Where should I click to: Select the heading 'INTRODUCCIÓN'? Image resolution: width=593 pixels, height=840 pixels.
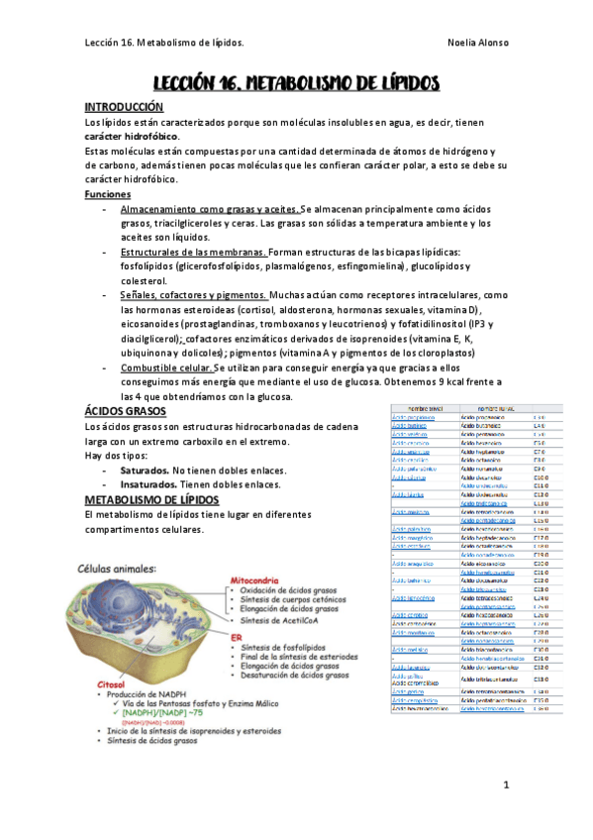click(123, 107)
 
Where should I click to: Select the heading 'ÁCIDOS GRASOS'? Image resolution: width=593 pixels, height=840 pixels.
click(126, 411)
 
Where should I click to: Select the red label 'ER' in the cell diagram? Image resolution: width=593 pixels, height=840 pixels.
click(238, 637)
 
